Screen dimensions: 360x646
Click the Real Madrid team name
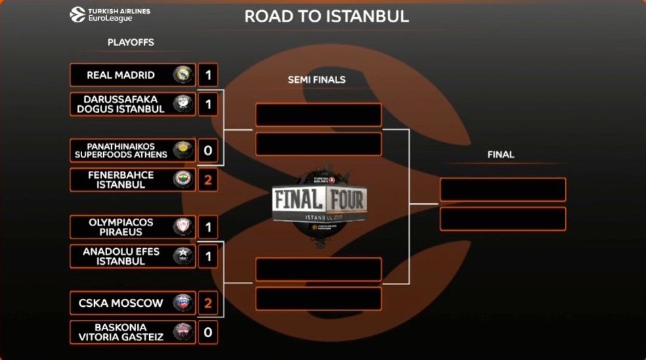point(121,75)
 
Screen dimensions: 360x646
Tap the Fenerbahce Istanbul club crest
point(182,179)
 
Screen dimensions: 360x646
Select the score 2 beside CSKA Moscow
point(208,303)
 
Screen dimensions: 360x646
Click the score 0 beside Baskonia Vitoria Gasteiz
point(208,332)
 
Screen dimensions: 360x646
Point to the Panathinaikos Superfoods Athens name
point(121,150)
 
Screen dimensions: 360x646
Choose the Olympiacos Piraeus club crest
point(182,227)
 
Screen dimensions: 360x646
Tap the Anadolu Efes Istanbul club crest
point(182,256)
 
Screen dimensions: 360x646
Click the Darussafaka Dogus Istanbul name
point(121,104)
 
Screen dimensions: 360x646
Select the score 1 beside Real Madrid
point(208,75)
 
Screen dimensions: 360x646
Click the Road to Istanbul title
point(327,16)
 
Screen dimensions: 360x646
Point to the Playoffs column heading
point(131,42)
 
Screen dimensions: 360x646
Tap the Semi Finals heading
point(317,80)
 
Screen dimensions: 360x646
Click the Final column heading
point(501,155)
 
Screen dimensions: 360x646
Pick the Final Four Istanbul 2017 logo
point(320,200)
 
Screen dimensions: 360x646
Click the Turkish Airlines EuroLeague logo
point(110,14)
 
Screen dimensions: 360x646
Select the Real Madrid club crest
point(182,75)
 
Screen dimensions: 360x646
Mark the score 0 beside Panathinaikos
point(208,150)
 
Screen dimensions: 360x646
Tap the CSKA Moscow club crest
point(182,303)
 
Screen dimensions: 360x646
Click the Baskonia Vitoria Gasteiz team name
point(121,332)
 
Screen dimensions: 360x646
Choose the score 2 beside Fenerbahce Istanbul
point(208,179)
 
